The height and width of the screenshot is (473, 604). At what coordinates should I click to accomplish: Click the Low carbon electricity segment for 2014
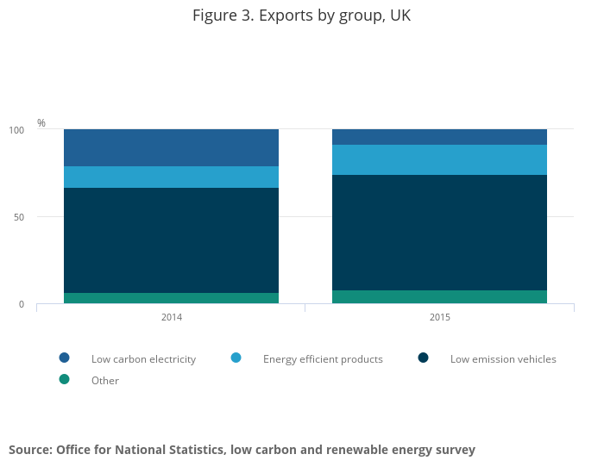click(171, 147)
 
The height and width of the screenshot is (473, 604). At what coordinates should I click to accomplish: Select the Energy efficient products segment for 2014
click(171, 177)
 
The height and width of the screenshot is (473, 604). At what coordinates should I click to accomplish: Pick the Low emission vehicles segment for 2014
click(171, 240)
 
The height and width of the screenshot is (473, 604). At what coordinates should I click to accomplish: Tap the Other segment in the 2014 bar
click(171, 298)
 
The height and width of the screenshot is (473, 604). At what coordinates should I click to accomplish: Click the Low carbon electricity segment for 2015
click(439, 137)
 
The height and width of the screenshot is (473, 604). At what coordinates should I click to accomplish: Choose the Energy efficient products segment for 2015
click(439, 159)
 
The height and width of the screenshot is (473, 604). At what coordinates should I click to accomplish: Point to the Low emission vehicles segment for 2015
click(439, 233)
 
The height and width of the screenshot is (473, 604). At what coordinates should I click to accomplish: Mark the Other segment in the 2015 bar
click(439, 296)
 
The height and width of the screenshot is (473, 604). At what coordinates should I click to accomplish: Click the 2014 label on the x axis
click(172, 317)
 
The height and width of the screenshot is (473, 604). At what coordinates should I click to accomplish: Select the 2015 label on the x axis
click(440, 317)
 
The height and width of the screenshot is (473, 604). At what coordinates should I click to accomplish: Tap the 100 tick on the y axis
click(16, 130)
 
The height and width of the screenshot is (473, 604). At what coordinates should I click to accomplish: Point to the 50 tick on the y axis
click(19, 217)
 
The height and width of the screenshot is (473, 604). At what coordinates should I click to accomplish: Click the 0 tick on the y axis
click(22, 304)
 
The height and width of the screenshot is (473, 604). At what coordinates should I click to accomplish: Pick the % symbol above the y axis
click(41, 123)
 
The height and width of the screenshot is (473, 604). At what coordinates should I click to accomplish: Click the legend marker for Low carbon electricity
click(64, 358)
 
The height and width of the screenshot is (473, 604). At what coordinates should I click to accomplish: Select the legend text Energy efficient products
click(323, 359)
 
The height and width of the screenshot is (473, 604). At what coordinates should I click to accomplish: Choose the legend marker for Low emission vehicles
click(423, 358)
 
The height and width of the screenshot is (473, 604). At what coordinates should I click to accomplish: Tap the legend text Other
click(105, 381)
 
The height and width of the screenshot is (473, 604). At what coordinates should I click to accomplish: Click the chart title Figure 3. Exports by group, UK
click(302, 16)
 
